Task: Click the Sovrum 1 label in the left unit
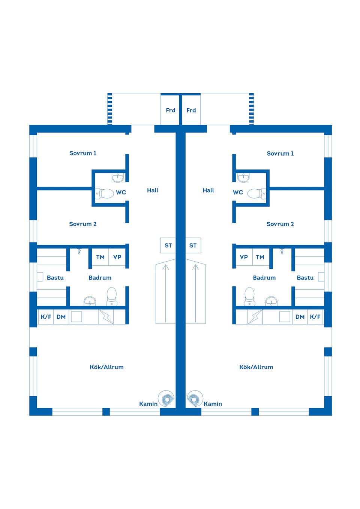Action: pyautogui.click(x=83, y=153)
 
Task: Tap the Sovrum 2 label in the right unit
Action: pyautogui.click(x=280, y=224)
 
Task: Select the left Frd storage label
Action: pyautogui.click(x=171, y=110)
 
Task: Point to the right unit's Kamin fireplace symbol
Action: pyautogui.click(x=195, y=399)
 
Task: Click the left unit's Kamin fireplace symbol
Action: pyautogui.click(x=166, y=399)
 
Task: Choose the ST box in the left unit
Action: pyautogui.click(x=168, y=246)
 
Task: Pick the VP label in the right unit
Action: pyautogui.click(x=244, y=257)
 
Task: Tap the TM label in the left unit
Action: pyautogui.click(x=100, y=257)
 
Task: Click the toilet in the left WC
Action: pyautogui.click(x=106, y=193)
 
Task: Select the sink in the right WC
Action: pyautogui.click(x=243, y=177)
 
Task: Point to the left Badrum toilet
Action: pyautogui.click(x=112, y=296)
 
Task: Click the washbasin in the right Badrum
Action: pyautogui.click(x=271, y=301)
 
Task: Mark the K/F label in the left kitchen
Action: pyautogui.click(x=46, y=317)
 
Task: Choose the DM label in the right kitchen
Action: pyautogui.click(x=300, y=317)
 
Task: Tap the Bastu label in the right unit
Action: pyautogui.click(x=305, y=278)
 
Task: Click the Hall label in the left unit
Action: pyautogui.click(x=153, y=190)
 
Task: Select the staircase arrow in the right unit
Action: pyautogui.click(x=195, y=292)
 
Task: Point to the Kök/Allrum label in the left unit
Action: pyautogui.click(x=106, y=367)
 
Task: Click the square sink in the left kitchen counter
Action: pyautogui.click(x=76, y=317)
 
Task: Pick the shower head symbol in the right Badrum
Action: pyautogui.click(x=282, y=251)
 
